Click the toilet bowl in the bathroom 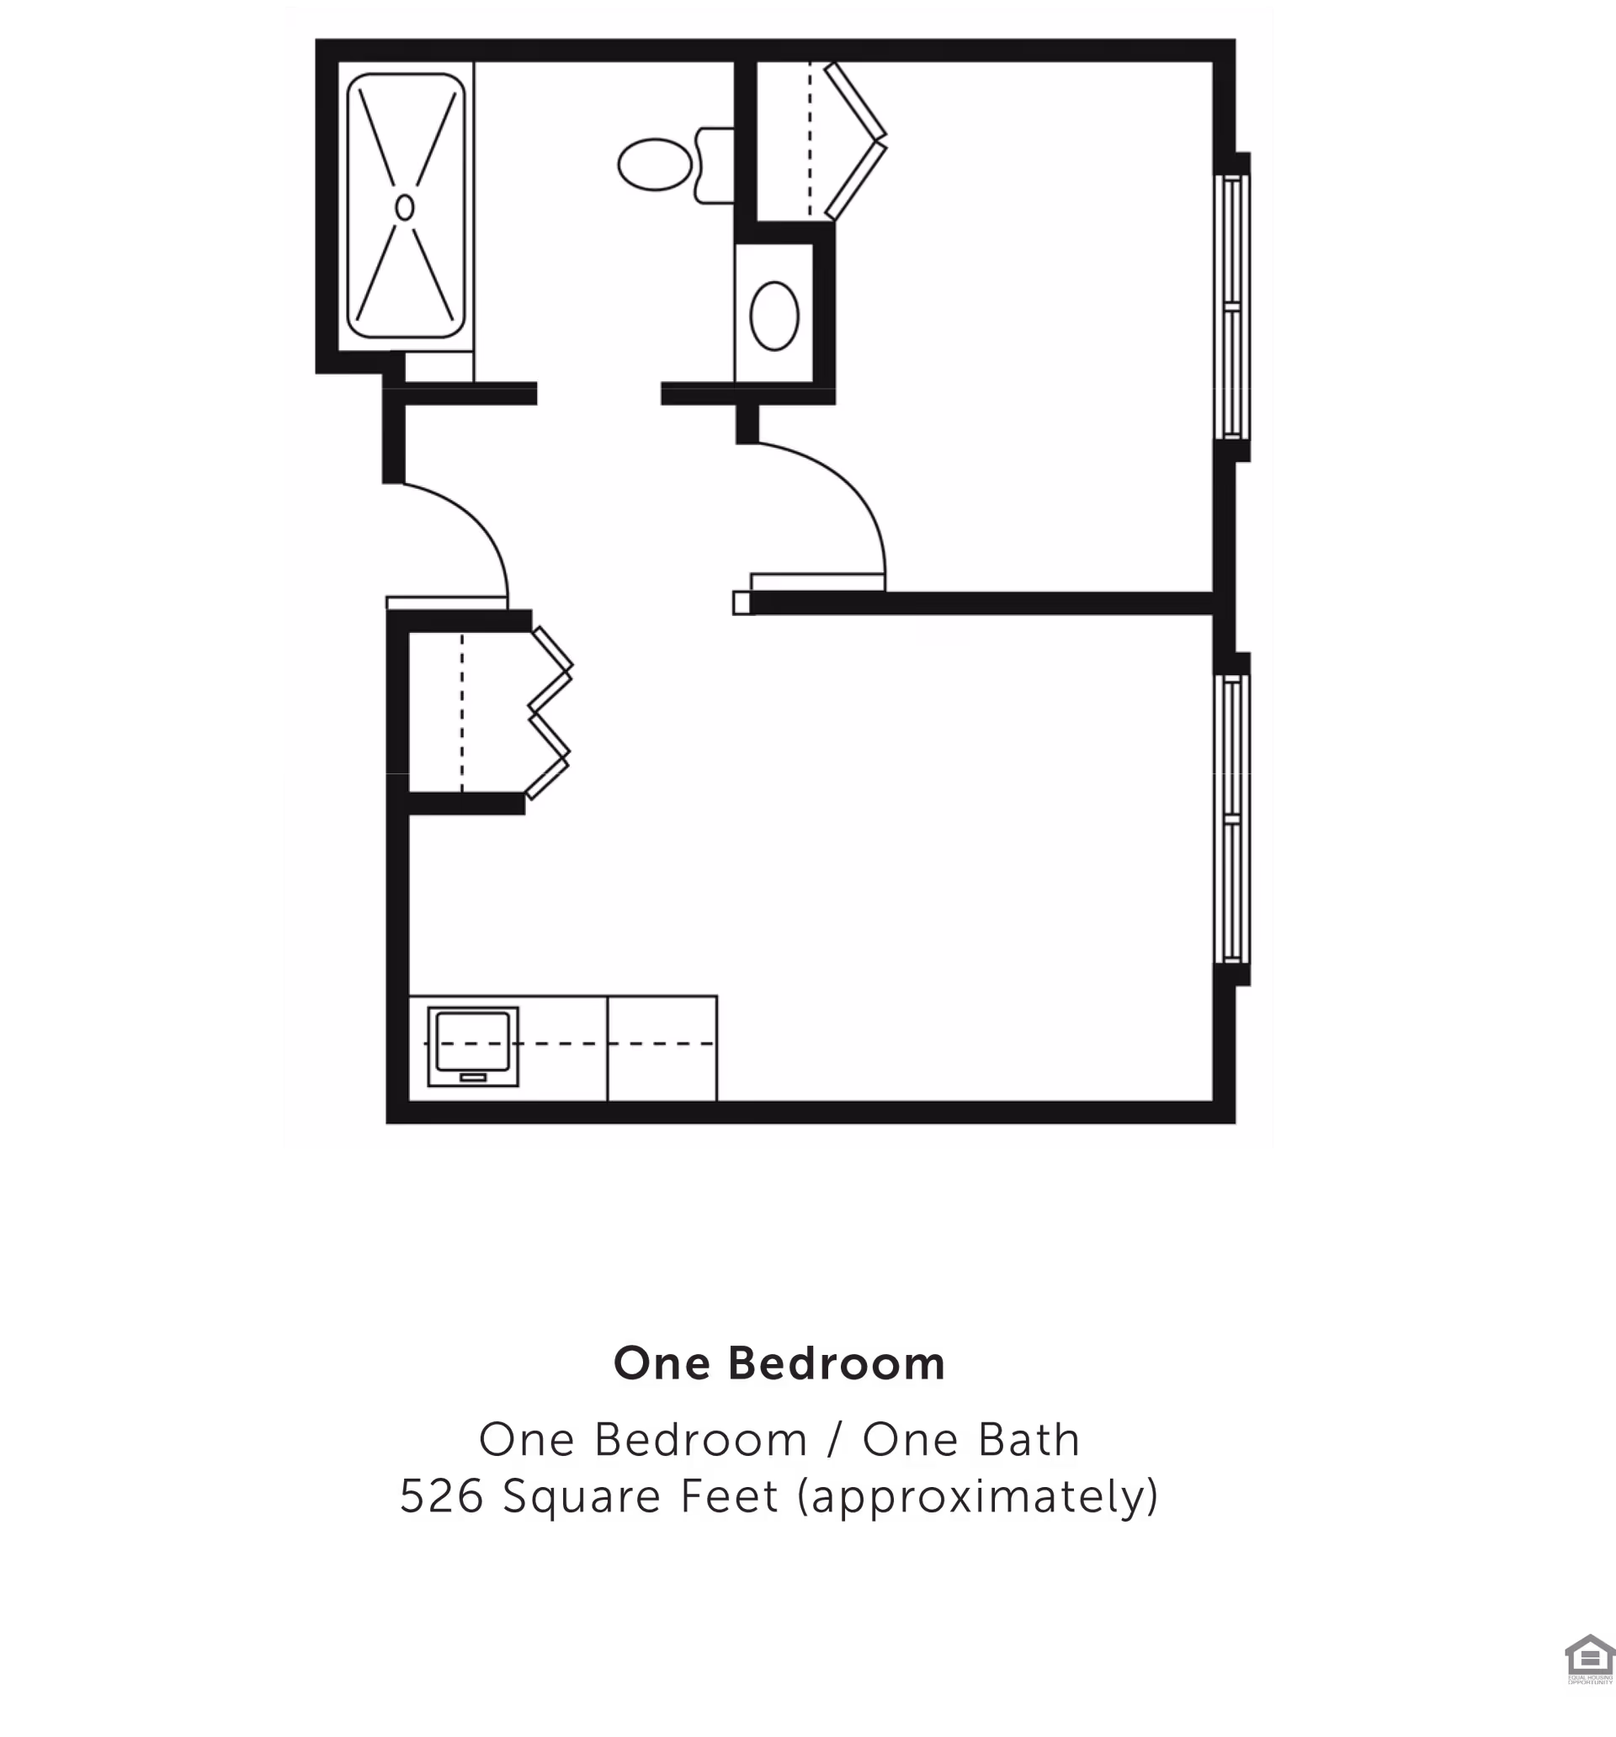coord(655,164)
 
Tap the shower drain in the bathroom coord(404,207)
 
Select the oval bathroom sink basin coord(774,316)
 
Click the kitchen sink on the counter coord(473,1045)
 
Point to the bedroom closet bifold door coord(857,140)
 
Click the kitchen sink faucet coord(473,1077)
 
